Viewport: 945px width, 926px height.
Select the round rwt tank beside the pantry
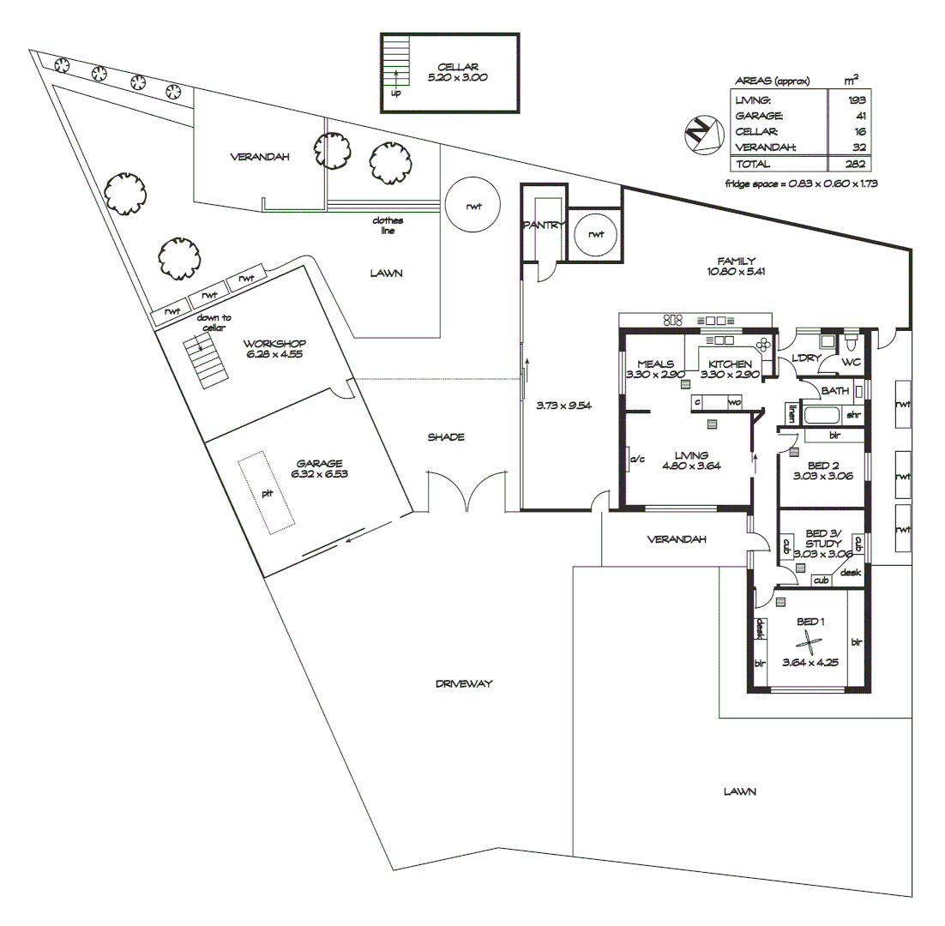(x=596, y=233)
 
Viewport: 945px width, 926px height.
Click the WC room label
(x=850, y=363)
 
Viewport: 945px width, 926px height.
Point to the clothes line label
(x=387, y=225)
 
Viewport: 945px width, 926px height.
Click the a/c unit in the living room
(x=636, y=460)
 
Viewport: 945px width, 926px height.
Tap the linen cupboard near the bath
(x=787, y=413)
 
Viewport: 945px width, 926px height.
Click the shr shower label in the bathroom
(x=853, y=415)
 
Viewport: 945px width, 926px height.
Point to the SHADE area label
(x=446, y=437)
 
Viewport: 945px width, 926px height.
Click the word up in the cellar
(x=395, y=93)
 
